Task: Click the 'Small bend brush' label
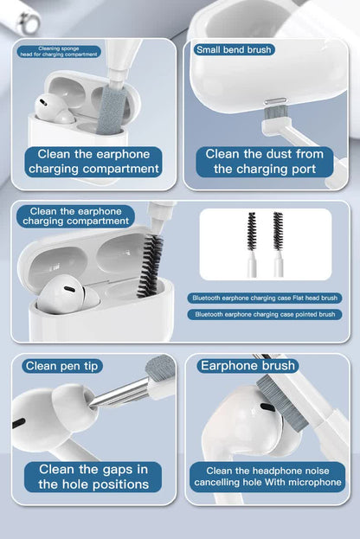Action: tap(234, 49)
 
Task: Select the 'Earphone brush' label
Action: tap(247, 366)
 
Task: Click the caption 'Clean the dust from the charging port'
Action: tap(265, 162)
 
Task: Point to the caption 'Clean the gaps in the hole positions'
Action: tap(93, 477)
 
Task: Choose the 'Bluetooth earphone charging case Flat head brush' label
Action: tap(264, 298)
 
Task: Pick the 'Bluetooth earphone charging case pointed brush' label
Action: tap(264, 314)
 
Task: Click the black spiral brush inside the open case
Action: tap(151, 263)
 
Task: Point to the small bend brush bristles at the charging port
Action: tap(274, 110)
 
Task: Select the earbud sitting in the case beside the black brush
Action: tap(65, 295)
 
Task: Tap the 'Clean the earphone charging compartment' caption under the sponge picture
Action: tap(93, 162)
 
